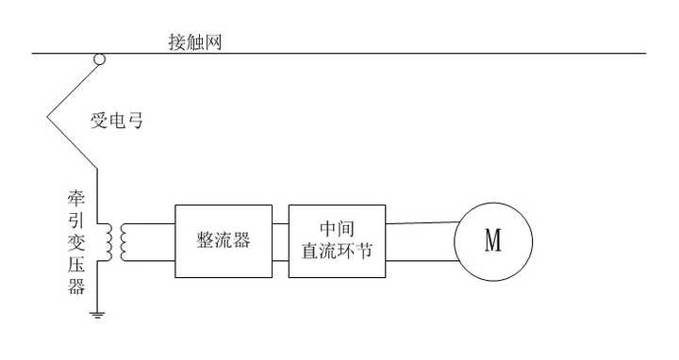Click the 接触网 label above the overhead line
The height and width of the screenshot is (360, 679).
coord(195,42)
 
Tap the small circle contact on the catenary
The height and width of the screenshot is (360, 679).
coord(100,59)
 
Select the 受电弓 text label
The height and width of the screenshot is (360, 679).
coord(117,121)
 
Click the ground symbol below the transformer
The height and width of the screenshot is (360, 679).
coord(97,315)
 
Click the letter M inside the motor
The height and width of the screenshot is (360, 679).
coord(493,240)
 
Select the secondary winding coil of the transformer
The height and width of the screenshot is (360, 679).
coord(124,242)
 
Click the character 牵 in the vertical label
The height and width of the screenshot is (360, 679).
coord(76,198)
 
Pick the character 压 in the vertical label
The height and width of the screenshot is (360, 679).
coord(76,264)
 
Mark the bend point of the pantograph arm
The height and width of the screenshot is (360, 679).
coord(47,117)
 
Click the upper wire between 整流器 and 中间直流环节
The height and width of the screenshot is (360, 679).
coord(281,223)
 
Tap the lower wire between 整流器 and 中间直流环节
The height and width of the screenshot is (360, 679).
coord(281,261)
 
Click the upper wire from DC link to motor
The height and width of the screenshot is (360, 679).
coord(422,222)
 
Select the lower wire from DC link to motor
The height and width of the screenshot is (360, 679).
coord(422,260)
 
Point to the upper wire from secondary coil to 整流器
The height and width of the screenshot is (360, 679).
coord(150,223)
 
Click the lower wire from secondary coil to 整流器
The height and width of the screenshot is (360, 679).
coord(150,261)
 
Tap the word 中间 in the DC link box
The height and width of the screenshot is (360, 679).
coord(337,228)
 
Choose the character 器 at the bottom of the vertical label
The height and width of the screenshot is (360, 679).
coord(76,286)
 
